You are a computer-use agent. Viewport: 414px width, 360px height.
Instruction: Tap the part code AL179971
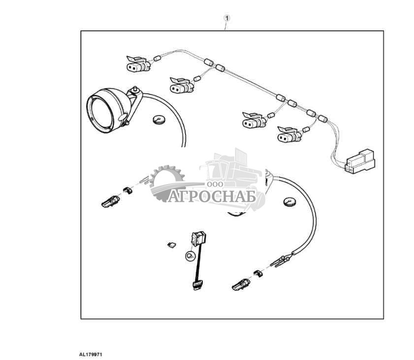(91, 355)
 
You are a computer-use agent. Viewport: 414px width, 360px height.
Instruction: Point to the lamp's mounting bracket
(133, 105)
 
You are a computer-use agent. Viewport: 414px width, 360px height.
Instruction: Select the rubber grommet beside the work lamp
(159, 119)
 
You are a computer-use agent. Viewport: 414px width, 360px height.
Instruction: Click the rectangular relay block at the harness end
(360, 162)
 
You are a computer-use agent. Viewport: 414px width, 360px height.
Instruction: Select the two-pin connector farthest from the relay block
(138, 64)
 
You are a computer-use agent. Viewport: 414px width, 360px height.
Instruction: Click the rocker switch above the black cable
(199, 238)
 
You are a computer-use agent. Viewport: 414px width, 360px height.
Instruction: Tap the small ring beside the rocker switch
(190, 256)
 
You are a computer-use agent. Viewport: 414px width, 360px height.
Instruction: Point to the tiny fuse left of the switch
(171, 245)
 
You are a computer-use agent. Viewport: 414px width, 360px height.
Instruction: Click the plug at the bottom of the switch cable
(197, 286)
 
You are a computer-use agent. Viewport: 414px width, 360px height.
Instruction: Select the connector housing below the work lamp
(111, 201)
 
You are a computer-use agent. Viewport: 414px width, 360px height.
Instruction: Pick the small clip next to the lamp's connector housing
(128, 190)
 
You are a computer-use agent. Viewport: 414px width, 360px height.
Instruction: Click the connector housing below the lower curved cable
(241, 285)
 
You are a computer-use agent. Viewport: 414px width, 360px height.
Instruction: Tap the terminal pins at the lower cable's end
(281, 261)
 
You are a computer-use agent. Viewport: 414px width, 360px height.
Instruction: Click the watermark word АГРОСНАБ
(212, 196)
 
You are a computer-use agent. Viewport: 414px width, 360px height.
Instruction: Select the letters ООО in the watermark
(215, 184)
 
